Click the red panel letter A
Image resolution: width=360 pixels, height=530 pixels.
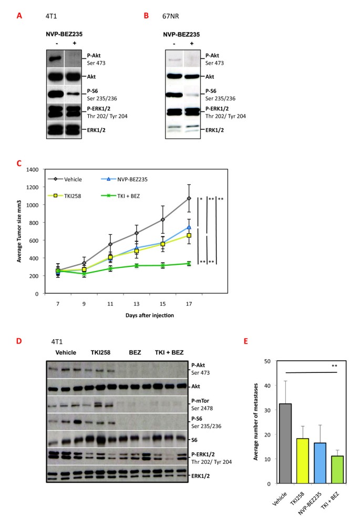(x=19, y=16)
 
